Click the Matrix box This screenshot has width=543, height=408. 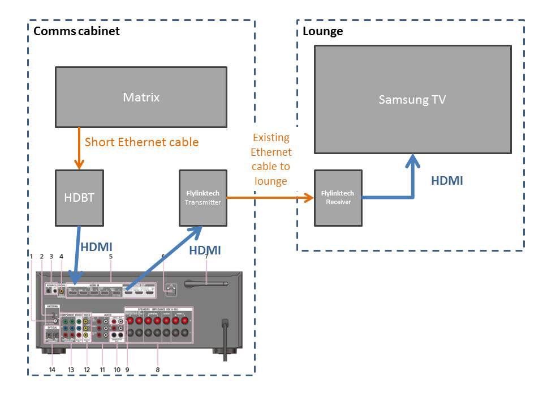pos(141,97)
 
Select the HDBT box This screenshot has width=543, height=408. pos(79,198)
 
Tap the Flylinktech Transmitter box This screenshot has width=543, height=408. pos(203,198)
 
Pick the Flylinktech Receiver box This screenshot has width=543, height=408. pos(338,198)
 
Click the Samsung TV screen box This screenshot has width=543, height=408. pos(412,100)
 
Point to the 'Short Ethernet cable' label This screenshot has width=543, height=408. pos(141,142)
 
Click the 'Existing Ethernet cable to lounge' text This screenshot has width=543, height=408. pos(270,159)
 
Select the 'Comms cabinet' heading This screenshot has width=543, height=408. pos(77,31)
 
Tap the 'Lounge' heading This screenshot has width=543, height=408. pos(323,31)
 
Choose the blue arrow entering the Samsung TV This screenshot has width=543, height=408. pos(413,176)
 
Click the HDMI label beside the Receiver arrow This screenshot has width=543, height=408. pos(447,181)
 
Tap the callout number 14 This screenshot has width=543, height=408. pos(53,369)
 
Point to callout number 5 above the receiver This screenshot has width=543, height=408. pos(111,256)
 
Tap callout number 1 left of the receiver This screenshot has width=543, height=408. pos(32,256)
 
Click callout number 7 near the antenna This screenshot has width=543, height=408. pos(207,256)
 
